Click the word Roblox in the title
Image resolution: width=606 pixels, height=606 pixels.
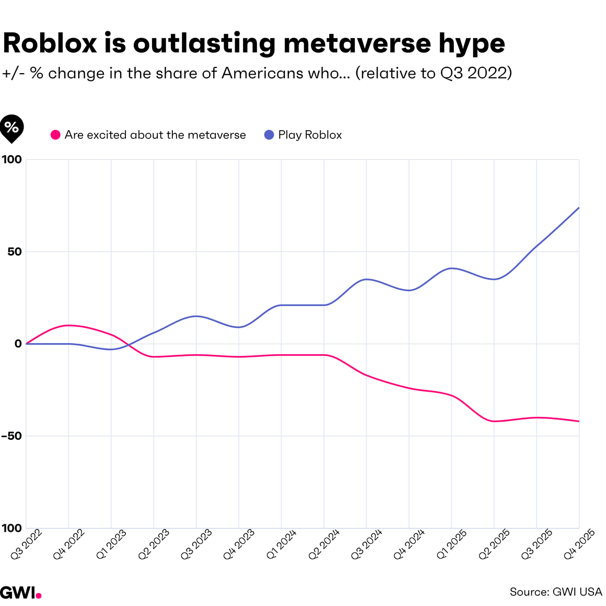point(50,43)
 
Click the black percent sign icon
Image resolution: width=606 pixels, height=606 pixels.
point(11,127)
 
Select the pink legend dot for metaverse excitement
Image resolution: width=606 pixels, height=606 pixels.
point(55,135)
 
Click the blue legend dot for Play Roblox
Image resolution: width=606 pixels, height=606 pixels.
point(269,135)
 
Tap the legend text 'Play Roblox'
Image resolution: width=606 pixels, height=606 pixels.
point(310,135)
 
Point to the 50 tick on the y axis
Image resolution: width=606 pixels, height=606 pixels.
point(15,252)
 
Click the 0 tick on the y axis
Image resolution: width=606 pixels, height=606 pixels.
point(18,344)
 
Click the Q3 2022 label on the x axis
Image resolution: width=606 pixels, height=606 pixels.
point(27,544)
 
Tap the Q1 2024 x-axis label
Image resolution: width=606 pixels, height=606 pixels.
point(282,544)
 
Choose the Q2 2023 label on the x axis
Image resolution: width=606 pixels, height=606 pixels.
point(154,544)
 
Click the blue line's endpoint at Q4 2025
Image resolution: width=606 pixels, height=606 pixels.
point(579,208)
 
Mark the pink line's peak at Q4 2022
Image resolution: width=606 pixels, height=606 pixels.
point(68,325)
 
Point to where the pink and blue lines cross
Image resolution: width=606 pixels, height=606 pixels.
point(128,345)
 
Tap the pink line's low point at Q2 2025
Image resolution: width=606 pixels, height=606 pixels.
point(494,421)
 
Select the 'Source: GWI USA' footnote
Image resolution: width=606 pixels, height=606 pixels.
point(556,592)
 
